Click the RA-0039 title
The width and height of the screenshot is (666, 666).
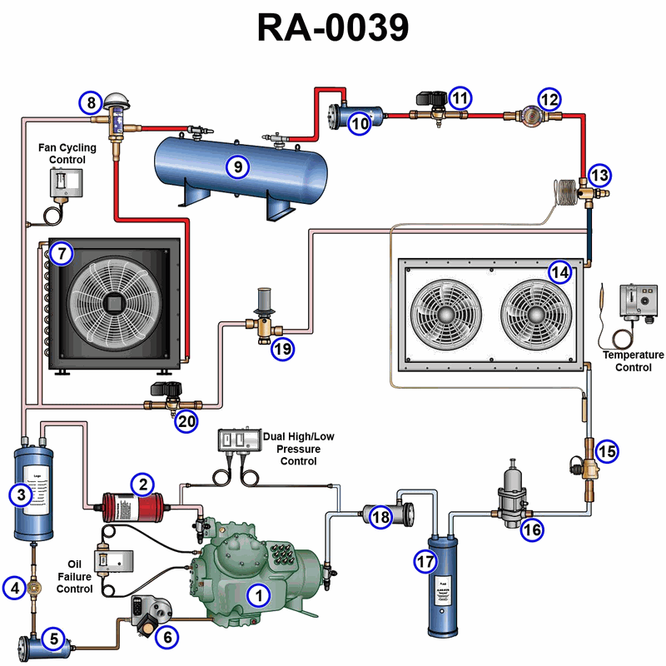click(333, 27)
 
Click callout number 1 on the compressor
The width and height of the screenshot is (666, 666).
click(259, 594)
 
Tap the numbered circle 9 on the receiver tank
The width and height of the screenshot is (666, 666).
click(238, 166)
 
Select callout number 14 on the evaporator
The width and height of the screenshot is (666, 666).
click(560, 271)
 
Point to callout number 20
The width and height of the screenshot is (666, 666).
click(186, 422)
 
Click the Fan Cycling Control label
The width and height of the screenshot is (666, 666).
click(67, 153)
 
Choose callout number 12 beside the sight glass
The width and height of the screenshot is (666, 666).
click(548, 99)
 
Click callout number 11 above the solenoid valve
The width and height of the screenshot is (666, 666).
click(460, 97)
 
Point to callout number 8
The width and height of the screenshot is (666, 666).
click(91, 103)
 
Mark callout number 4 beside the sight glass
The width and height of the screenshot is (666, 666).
click(14, 588)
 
